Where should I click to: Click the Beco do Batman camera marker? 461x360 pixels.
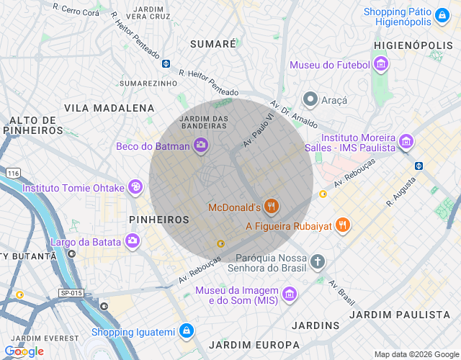(x=201, y=146)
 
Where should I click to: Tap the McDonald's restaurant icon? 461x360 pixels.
(x=272, y=207)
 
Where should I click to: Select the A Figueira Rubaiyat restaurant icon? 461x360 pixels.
(x=343, y=225)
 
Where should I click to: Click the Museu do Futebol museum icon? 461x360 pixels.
(x=382, y=66)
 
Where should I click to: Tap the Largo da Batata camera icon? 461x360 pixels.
(x=133, y=241)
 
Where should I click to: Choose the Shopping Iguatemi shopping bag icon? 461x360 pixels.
(x=187, y=331)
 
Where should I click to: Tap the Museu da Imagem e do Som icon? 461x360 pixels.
(x=289, y=294)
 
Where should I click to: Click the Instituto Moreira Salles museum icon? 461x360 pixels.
(x=407, y=142)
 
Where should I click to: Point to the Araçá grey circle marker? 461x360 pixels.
(x=310, y=99)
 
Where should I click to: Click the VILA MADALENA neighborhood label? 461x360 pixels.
(x=109, y=108)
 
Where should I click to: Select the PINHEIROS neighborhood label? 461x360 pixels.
(x=158, y=219)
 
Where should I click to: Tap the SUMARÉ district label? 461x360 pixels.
(x=212, y=44)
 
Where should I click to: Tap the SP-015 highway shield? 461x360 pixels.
(x=71, y=293)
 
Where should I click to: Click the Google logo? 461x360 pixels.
(x=24, y=351)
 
